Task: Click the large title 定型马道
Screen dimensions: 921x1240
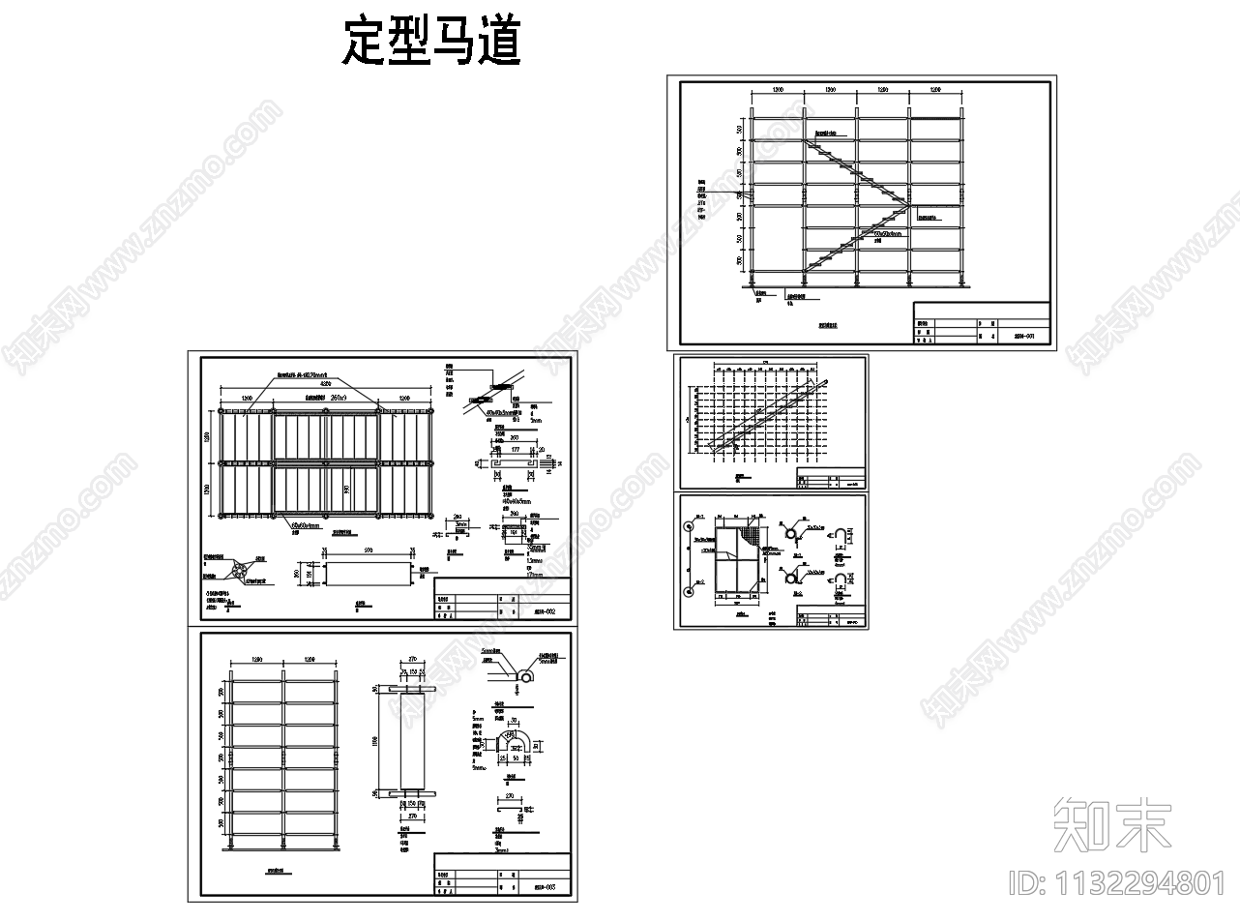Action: tap(431, 43)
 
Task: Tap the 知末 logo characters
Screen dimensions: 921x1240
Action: tap(1111, 824)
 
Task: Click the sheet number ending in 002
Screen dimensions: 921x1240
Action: tap(545, 611)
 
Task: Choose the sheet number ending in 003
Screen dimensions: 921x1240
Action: tap(545, 885)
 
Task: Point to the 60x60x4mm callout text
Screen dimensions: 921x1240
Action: tap(304, 525)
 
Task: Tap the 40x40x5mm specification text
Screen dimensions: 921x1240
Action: tap(514, 501)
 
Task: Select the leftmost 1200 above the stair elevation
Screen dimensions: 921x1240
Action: tap(776, 90)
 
